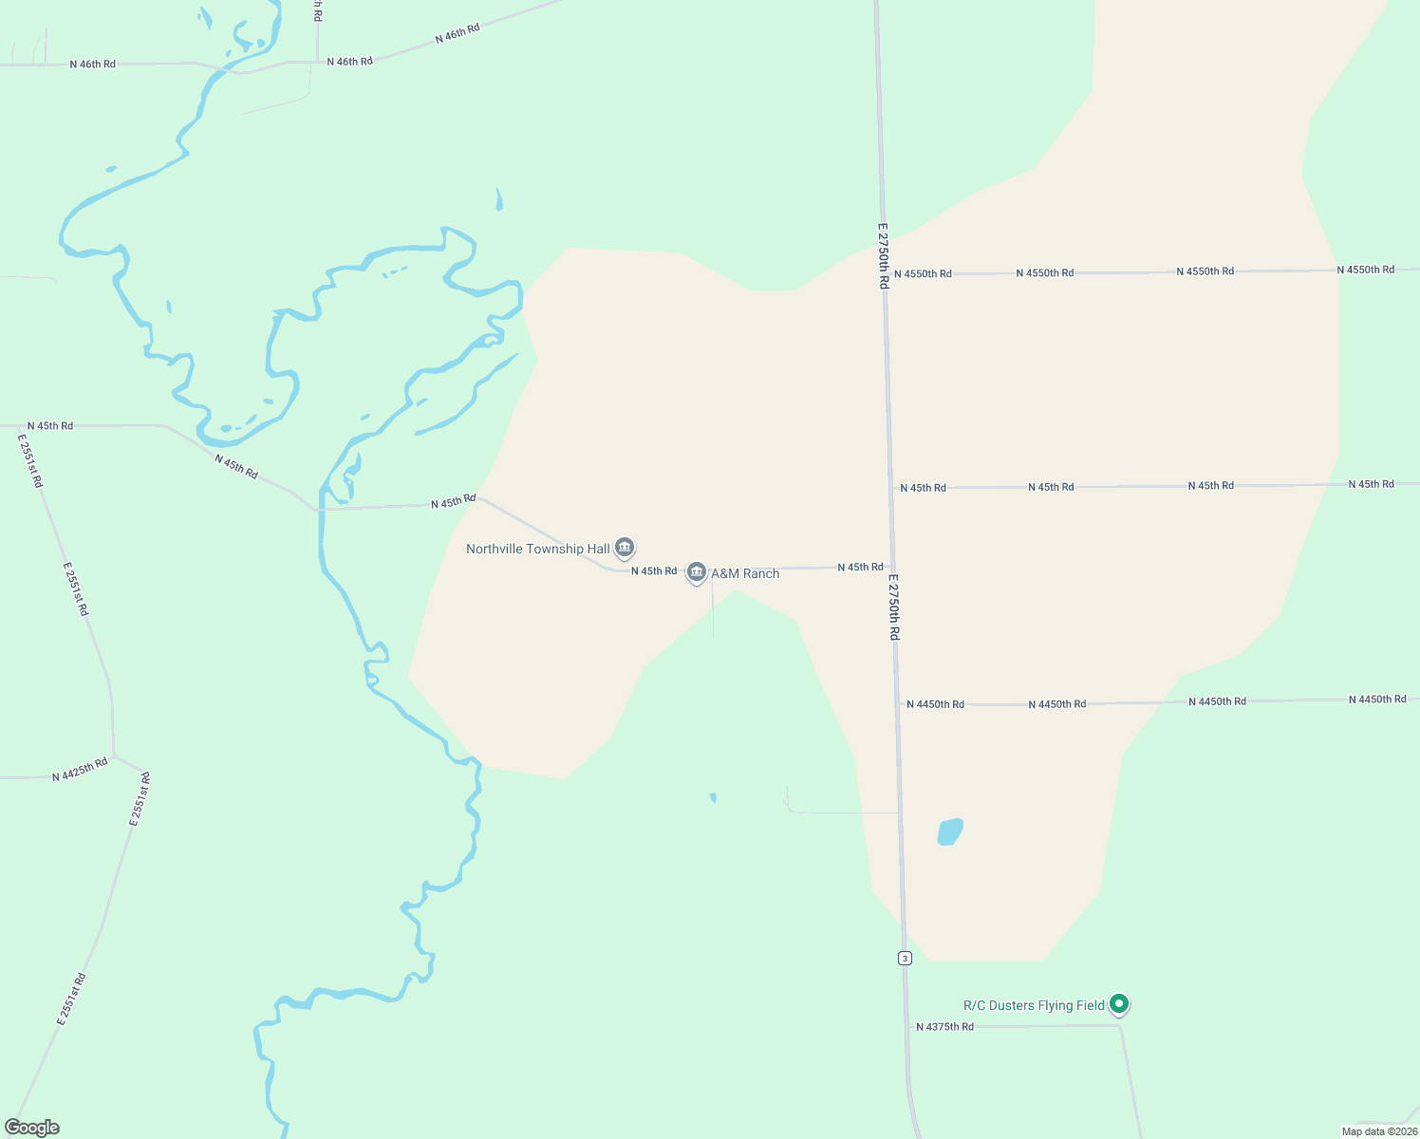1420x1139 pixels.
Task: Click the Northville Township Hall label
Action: [537, 549]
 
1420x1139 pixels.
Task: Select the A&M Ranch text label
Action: [745, 573]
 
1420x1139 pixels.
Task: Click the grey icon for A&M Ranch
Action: [697, 572]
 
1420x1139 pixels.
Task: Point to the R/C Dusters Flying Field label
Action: [1034, 1005]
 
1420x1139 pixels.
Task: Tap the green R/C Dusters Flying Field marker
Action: [1119, 1003]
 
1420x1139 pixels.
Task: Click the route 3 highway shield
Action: [905, 958]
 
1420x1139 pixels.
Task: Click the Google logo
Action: [32, 1128]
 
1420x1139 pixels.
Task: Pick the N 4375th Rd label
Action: [944, 1027]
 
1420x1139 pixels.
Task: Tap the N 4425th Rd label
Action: [80, 769]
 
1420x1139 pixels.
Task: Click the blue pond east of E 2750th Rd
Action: [950, 831]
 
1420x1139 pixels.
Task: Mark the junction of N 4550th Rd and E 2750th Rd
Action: [885, 274]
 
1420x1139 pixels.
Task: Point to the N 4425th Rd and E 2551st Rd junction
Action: [114, 756]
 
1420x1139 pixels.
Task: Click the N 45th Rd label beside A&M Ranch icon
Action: [654, 571]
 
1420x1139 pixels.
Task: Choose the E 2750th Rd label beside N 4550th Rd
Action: [883, 255]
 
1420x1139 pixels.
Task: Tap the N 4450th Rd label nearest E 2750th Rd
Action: [935, 704]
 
